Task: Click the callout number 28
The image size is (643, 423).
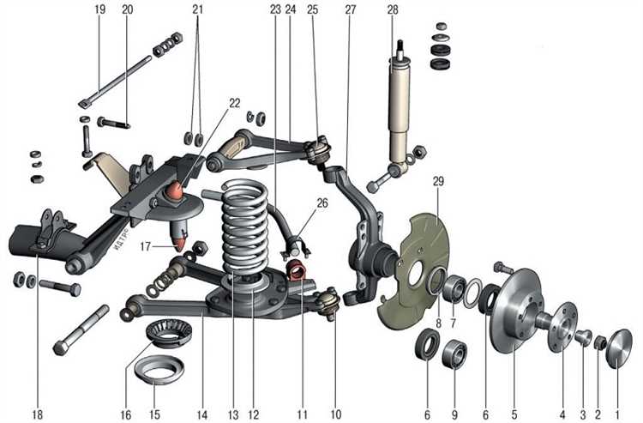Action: click(x=393, y=10)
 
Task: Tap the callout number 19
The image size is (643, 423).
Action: click(x=100, y=10)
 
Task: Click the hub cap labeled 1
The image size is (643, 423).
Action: click(x=618, y=354)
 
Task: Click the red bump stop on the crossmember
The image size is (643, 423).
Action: click(x=176, y=190)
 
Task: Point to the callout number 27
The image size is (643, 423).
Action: click(x=350, y=10)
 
